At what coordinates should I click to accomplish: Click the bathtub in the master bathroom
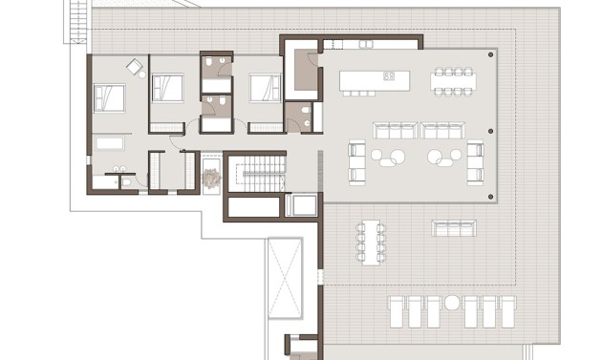pyautogui.click(x=111, y=143)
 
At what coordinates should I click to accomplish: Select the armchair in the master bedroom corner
pyautogui.click(x=135, y=66)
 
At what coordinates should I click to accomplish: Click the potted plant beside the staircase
pyautogui.click(x=211, y=179)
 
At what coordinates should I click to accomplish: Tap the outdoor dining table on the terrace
pyautogui.click(x=372, y=241)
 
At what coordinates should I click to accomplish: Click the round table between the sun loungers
pyautogui.click(x=452, y=304)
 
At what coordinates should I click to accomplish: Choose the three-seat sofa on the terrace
pyautogui.click(x=454, y=227)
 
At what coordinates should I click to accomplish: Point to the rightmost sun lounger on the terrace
pyautogui.click(x=508, y=311)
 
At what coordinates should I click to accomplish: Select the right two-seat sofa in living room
pyautogui.click(x=442, y=131)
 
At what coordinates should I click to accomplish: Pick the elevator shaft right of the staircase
pyautogui.click(x=304, y=205)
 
